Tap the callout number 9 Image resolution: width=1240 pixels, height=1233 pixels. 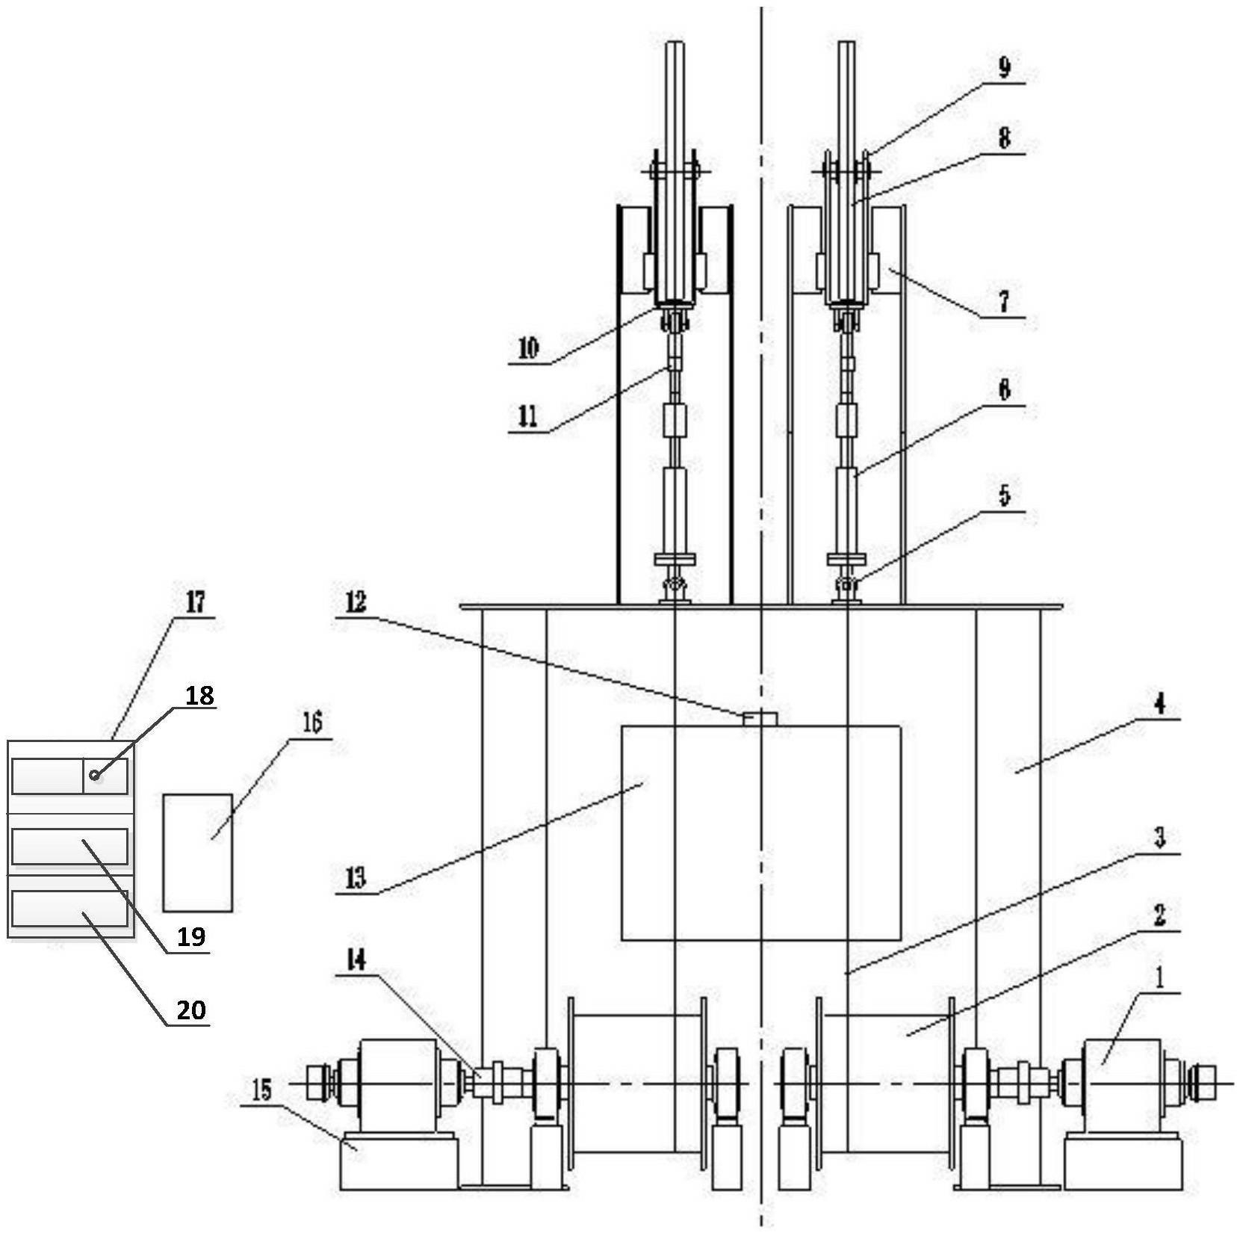[x=1004, y=68]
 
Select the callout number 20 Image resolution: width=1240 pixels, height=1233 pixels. [x=190, y=1010]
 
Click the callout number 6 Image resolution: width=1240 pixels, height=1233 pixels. [x=1004, y=390]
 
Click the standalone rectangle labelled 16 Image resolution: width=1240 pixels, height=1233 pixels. [x=197, y=853]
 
